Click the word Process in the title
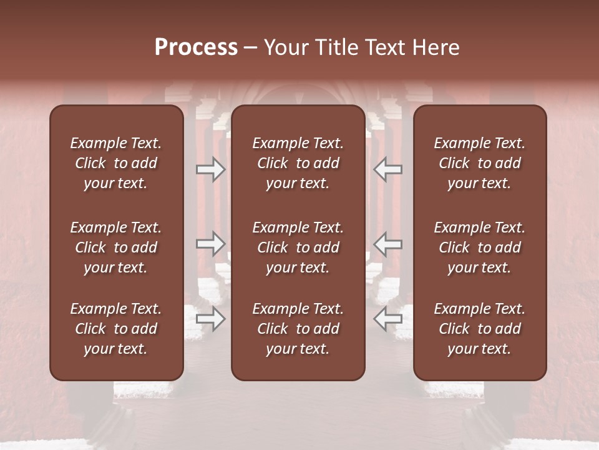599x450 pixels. pyautogui.click(x=196, y=47)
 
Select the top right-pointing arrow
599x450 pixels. pyautogui.click(x=210, y=169)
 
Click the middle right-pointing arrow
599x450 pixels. pyautogui.click(x=210, y=244)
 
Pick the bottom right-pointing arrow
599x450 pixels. pyautogui.click(x=210, y=319)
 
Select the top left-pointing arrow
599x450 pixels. pyautogui.click(x=387, y=169)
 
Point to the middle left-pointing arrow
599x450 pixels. pyautogui.click(x=387, y=244)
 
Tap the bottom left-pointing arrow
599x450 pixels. pyautogui.click(x=387, y=319)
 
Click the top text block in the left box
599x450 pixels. pyautogui.click(x=116, y=163)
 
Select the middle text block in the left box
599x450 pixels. pyautogui.click(x=116, y=247)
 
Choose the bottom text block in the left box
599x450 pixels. pyautogui.click(x=116, y=329)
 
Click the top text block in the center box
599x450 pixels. pyautogui.click(x=298, y=163)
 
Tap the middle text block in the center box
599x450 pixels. pyautogui.click(x=298, y=247)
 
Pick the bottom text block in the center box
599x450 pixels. pyautogui.click(x=298, y=329)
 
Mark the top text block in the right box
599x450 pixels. pyautogui.click(x=479, y=163)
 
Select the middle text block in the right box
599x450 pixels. pyautogui.click(x=479, y=247)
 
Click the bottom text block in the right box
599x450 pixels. pyautogui.click(x=479, y=329)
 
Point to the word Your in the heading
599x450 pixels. pyautogui.click(x=284, y=47)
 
